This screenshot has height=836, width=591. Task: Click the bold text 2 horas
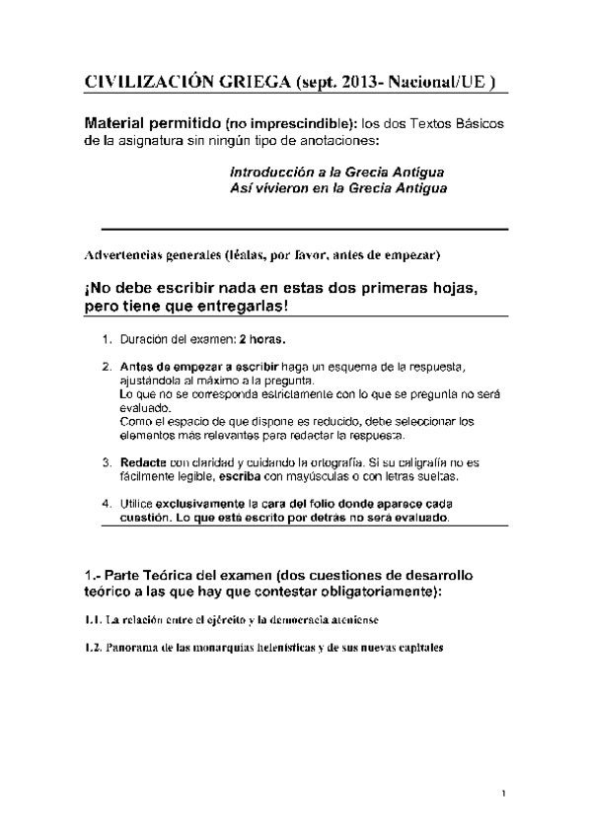(262, 340)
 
